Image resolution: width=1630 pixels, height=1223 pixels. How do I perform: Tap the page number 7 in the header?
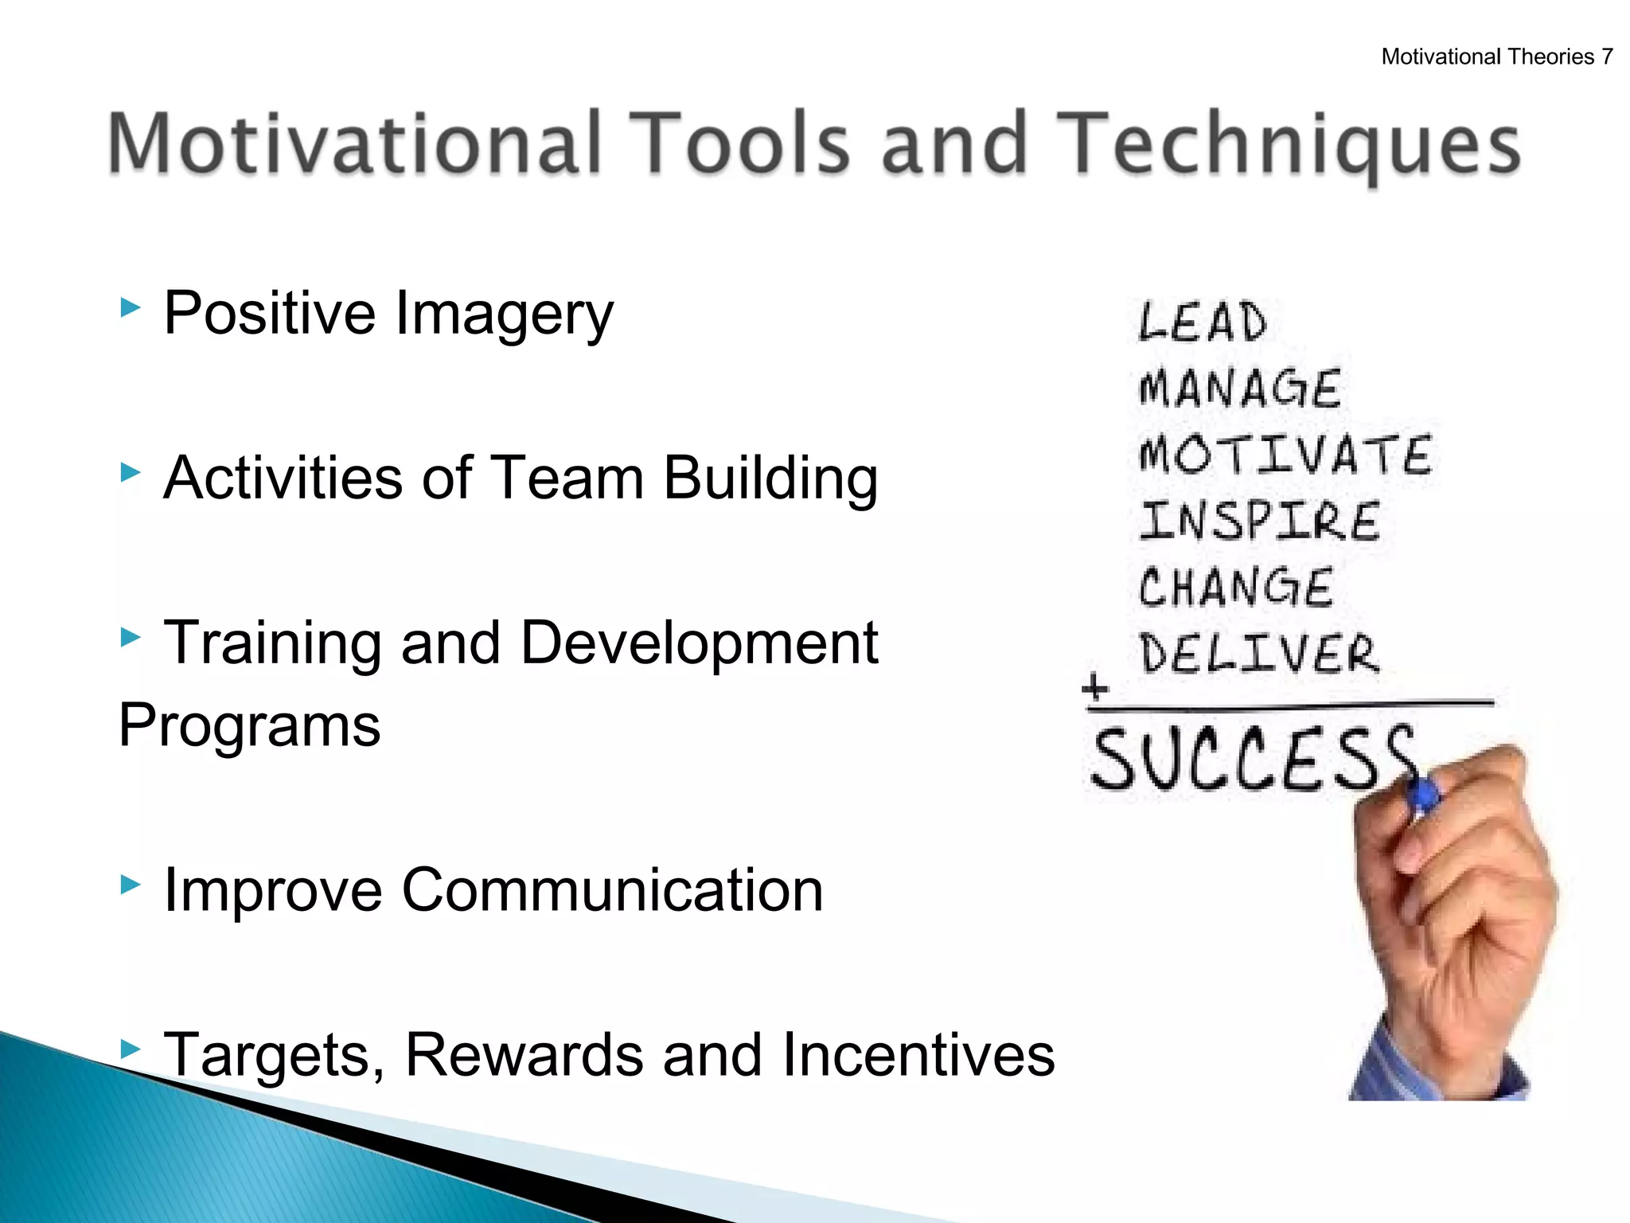click(1607, 57)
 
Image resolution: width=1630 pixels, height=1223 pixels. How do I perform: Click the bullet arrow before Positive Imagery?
click(130, 307)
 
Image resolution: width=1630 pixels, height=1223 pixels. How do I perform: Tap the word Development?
click(699, 643)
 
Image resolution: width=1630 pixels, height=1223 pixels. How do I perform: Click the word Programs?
click(249, 725)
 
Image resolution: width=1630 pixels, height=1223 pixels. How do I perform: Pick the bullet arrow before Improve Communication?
click(130, 883)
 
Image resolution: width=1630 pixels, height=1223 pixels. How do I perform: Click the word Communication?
click(612, 889)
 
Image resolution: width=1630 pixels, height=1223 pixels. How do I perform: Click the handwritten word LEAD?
click(1202, 322)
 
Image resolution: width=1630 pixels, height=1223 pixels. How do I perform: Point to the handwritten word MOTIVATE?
click(1285, 455)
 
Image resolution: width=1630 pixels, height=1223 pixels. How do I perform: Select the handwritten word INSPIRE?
click(1259, 521)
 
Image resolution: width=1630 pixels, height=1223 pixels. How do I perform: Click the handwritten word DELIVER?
click(1259, 654)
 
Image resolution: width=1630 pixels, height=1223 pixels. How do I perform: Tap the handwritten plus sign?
click(1095, 686)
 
